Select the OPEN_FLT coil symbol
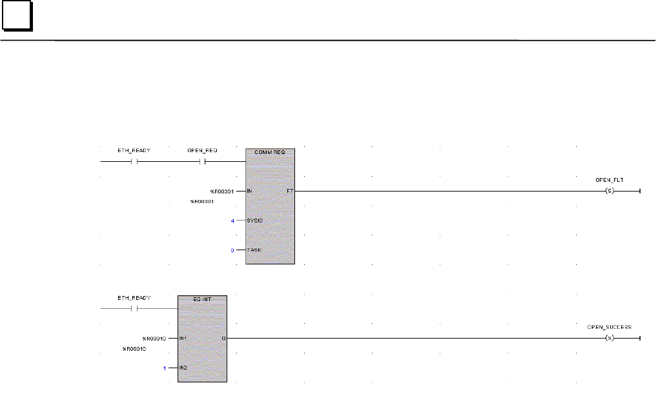(608, 192)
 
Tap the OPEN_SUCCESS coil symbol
(608, 338)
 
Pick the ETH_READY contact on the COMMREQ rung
(134, 162)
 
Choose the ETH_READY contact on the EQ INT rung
(134, 308)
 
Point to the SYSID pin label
(255, 221)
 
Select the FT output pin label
(289, 192)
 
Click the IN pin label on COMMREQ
(250, 192)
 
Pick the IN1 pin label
(183, 338)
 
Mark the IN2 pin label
(183, 367)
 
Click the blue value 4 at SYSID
(233, 221)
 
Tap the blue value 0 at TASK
(233, 250)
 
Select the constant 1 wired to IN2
(165, 367)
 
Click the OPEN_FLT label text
(608, 180)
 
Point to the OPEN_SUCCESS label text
(609, 327)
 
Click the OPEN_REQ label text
(203, 150)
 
